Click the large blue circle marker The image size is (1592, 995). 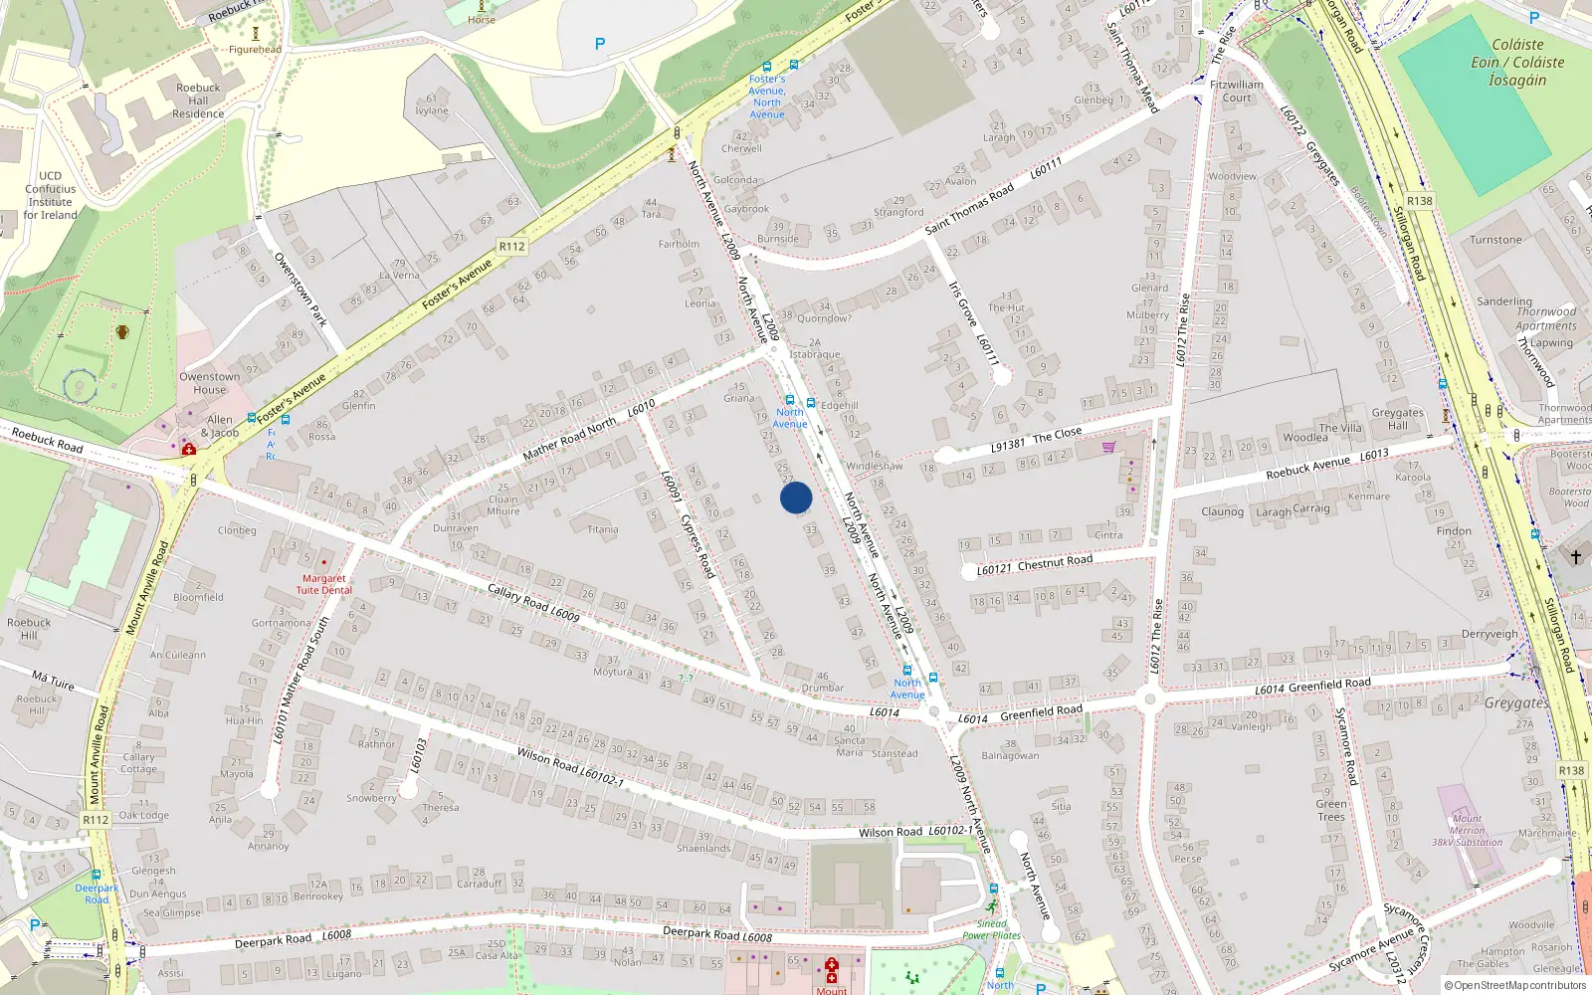click(796, 497)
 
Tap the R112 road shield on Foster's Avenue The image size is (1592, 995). click(511, 247)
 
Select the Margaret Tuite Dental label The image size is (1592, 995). click(323, 584)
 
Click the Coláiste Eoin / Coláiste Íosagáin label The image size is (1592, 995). click(1517, 62)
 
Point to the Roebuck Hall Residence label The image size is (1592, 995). click(198, 100)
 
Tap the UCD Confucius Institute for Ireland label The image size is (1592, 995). click(50, 195)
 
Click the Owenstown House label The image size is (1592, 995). click(209, 383)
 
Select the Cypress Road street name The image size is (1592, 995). click(697, 545)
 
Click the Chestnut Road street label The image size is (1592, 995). click(1055, 561)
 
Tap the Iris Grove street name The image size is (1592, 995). click(962, 303)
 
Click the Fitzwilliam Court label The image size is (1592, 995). click(1237, 91)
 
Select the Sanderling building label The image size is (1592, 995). click(1504, 300)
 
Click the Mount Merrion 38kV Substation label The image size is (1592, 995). click(1467, 830)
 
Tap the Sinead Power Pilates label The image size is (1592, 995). click(991, 929)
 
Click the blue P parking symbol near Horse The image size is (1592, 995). click(599, 44)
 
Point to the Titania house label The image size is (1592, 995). click(603, 529)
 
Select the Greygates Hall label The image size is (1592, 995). click(1397, 419)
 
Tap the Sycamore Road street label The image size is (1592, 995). click(1345, 745)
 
